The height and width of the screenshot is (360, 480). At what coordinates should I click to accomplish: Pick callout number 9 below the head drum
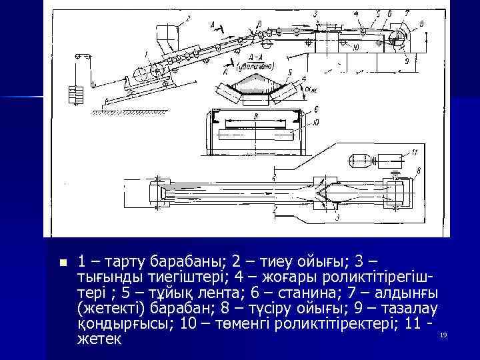click(x=406, y=60)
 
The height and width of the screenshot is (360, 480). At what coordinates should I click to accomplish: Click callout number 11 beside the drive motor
click(x=414, y=153)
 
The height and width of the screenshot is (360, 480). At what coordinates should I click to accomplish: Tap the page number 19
click(x=443, y=334)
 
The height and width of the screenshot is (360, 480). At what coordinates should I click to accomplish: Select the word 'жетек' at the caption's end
click(x=99, y=339)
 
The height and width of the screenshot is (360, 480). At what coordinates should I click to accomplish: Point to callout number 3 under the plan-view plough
click(x=338, y=217)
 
